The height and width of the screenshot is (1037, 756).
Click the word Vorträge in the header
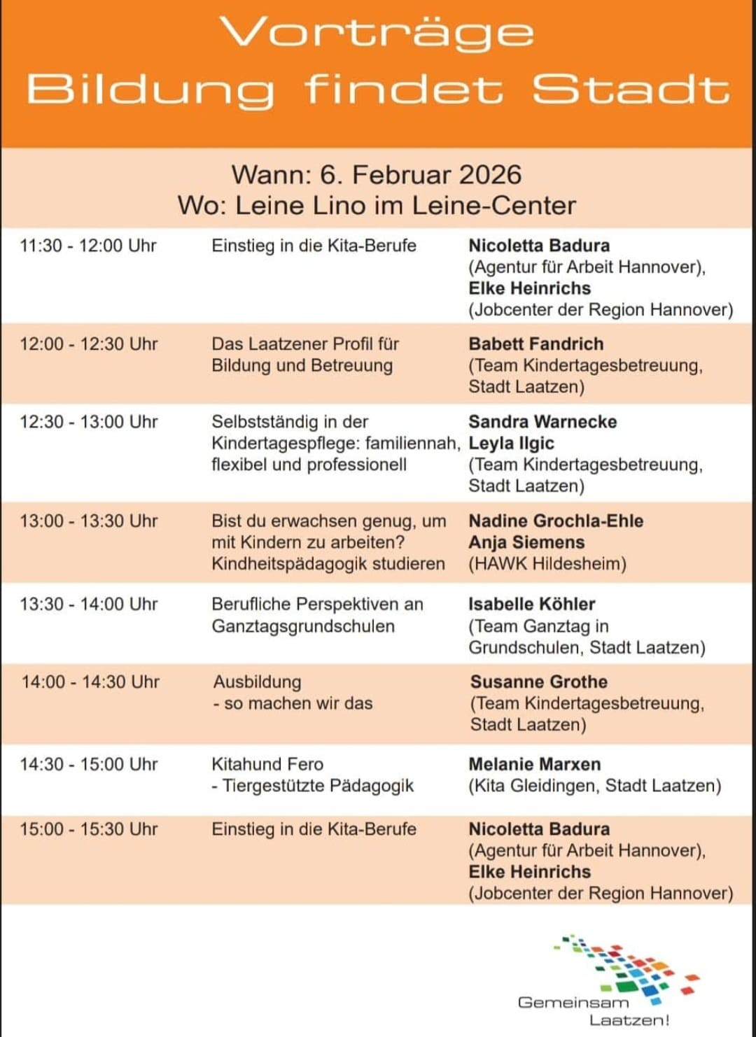(x=377, y=34)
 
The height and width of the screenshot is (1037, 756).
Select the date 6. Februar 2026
(x=421, y=174)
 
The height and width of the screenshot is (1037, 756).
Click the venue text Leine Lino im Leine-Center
(x=405, y=206)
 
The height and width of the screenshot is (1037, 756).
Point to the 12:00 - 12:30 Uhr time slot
(x=89, y=344)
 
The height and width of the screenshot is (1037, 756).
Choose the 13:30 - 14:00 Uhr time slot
(x=90, y=604)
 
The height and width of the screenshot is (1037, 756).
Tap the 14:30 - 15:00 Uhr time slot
(x=89, y=764)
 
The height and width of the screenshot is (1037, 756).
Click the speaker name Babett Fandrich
(x=535, y=344)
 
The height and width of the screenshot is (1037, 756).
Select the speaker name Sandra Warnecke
(x=542, y=422)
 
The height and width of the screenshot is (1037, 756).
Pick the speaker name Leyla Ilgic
(x=511, y=443)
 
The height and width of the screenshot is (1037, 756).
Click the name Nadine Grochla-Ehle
(x=556, y=521)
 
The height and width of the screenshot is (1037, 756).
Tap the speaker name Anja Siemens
(x=526, y=542)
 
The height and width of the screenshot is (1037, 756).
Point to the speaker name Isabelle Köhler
(x=531, y=604)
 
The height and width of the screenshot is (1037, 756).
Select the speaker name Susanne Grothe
(x=538, y=682)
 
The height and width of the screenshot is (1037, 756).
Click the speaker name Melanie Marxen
(x=534, y=764)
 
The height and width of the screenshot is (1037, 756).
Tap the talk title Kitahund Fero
(x=267, y=764)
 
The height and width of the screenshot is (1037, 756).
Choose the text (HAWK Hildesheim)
(x=547, y=564)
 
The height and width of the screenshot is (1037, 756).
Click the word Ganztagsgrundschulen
(x=303, y=626)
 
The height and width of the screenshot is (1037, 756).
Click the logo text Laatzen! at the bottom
(x=629, y=1020)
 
